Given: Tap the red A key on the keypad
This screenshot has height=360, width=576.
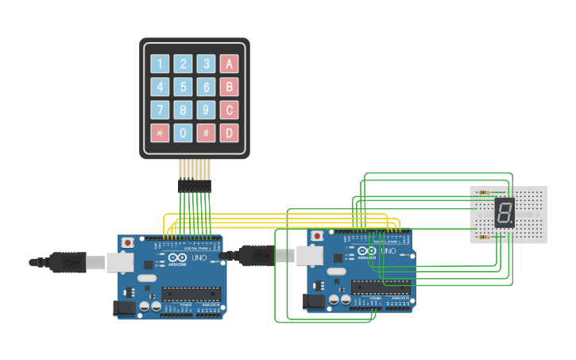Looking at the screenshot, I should [229, 64].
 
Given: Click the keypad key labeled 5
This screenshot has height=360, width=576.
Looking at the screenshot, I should [184, 87].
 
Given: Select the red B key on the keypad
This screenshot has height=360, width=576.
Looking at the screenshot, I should [229, 87].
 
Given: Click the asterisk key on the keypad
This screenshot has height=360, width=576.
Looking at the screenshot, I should [160, 133].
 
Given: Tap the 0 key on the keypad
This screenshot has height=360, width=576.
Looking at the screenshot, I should [184, 133].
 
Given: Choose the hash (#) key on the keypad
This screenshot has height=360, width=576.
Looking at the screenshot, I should [207, 133].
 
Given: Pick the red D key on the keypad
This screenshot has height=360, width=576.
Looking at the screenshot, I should [229, 133].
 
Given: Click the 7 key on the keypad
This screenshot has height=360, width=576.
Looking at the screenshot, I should [160, 110].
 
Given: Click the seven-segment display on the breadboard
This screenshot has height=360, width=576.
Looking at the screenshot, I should [504, 213].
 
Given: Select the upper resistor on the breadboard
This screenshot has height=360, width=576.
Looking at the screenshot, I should [485, 192].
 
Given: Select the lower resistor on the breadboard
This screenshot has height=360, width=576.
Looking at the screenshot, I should [485, 236].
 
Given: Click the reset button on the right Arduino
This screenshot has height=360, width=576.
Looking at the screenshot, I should [318, 236].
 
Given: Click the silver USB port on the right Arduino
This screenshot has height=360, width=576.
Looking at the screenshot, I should [309, 254].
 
